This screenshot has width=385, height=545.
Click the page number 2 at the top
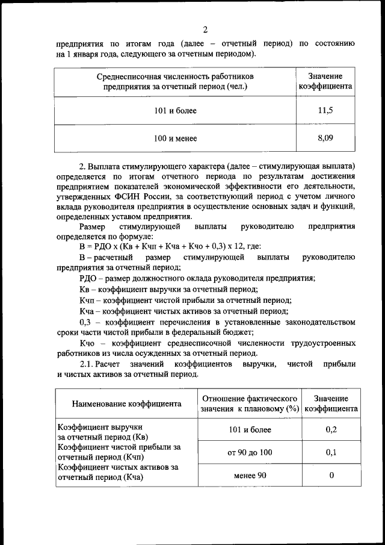pyautogui.click(x=205, y=30)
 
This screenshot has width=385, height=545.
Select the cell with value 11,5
pyautogui.click(x=325, y=110)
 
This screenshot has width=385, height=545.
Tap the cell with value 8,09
pyautogui.click(x=325, y=139)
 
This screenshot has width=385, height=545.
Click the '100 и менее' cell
pyautogui.click(x=175, y=139)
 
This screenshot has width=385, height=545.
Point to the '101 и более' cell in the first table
pyautogui.click(x=175, y=111)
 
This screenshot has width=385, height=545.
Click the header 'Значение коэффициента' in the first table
pyautogui.click(x=325, y=81)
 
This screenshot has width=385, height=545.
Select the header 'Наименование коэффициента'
pyautogui.click(x=126, y=404)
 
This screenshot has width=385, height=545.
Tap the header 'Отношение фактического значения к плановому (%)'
pyautogui.click(x=250, y=404)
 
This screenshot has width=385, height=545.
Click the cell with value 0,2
pyautogui.click(x=331, y=429)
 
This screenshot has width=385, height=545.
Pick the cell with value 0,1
pyautogui.click(x=331, y=453)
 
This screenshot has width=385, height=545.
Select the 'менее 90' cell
pyautogui.click(x=250, y=475)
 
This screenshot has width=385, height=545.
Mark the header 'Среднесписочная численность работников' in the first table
pyautogui.click(x=175, y=76)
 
